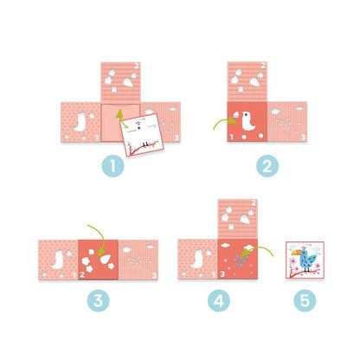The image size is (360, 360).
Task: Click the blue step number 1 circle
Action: [x=113, y=166]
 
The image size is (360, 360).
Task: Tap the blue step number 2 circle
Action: [x=267, y=166]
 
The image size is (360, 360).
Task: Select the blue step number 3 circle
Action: [x=98, y=300]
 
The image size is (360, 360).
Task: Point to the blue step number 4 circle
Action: [x=219, y=300]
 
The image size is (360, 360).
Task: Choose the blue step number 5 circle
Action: [x=305, y=300]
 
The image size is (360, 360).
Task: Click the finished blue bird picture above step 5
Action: [x=305, y=260]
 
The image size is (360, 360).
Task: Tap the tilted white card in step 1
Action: [x=142, y=135]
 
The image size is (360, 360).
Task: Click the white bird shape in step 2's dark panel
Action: [x=248, y=121]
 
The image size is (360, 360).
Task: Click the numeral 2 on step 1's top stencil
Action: [x=137, y=66]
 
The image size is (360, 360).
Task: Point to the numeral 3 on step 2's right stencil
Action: [x=303, y=137]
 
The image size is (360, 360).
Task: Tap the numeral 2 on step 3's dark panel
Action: [x=82, y=274]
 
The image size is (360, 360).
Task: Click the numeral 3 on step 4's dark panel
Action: [x=222, y=274]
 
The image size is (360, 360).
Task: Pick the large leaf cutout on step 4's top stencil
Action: [x=245, y=220]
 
